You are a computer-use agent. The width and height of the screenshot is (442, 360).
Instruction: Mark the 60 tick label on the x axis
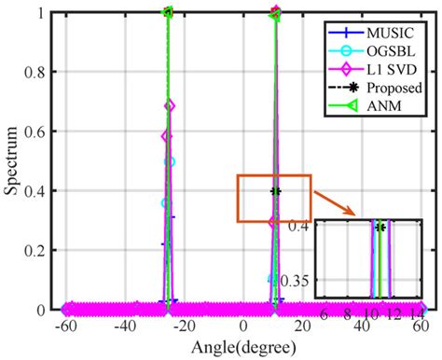point(420,328)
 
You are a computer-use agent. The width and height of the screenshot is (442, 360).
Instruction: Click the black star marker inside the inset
point(380,227)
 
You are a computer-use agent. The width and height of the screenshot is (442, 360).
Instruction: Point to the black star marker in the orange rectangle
point(276,191)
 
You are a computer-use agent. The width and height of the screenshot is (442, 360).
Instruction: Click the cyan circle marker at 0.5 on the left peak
point(170,161)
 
